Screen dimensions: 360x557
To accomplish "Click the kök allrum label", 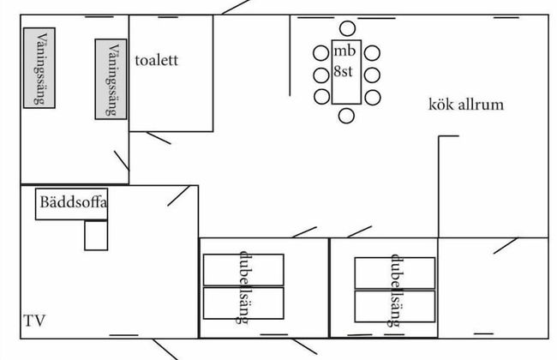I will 465,105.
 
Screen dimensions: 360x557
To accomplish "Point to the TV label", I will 34,321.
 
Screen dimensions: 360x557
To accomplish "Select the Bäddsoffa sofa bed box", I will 72,206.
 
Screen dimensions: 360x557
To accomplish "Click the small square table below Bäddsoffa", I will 96,236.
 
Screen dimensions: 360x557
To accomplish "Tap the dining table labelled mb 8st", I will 345,74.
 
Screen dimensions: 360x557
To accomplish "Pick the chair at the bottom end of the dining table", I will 346,115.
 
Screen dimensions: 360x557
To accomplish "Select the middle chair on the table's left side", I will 321,74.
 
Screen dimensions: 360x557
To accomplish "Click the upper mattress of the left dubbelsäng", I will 243,269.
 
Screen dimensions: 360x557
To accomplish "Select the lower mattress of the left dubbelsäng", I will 243,303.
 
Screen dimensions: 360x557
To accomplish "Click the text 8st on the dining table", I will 344,73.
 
